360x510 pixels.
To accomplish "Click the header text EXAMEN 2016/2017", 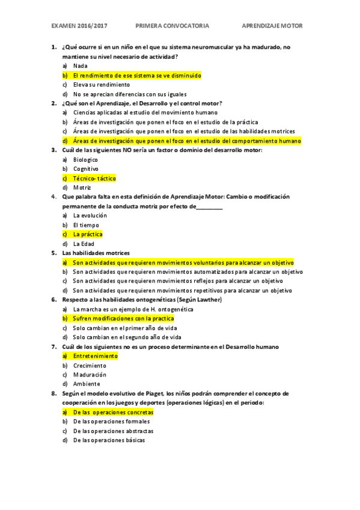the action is [79, 26].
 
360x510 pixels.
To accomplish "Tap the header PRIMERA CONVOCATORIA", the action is [172, 26].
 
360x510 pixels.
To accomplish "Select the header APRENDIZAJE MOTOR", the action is [272, 26].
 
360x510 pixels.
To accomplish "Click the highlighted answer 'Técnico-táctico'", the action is [94, 179].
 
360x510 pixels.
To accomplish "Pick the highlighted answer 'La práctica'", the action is [88, 234].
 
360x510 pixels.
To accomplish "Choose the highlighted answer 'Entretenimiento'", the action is [95, 356].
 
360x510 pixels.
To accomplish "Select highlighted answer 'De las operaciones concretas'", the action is [113, 413].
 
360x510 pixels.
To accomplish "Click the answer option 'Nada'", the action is [80, 66].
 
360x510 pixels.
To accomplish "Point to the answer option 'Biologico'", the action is [85, 159].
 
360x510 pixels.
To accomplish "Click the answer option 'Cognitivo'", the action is [86, 169].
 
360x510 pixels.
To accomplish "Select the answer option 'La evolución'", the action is [90, 215].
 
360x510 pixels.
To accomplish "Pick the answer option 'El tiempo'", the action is [86, 225].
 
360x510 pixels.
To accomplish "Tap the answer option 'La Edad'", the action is [84, 244].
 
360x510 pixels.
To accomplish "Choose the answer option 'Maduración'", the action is [90, 375].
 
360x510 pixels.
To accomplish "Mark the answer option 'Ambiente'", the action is [87, 384].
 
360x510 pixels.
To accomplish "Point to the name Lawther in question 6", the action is [209, 300].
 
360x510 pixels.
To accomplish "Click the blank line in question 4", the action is [210, 206].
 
